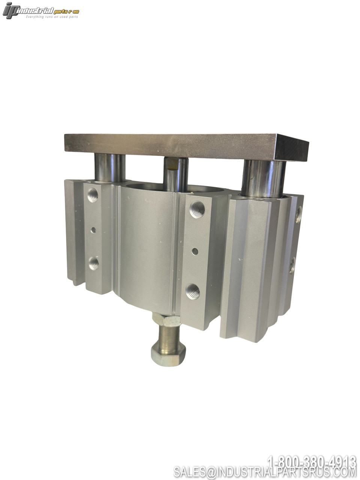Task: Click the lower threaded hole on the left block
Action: click(94, 263)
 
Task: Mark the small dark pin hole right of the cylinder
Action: click(195, 251)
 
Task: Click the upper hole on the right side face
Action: click(298, 214)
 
